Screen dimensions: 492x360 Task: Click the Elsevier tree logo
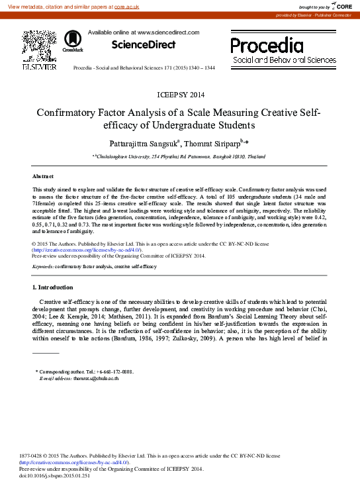click(39, 46)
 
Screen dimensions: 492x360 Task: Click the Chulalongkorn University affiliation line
click(179, 156)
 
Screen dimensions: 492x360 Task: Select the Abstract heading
click(44, 176)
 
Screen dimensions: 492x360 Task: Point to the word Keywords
click(43, 266)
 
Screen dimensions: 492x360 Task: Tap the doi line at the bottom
click(54, 475)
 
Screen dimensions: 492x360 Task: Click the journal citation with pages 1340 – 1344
click(144, 68)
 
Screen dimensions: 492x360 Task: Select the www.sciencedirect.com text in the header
click(167, 32)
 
